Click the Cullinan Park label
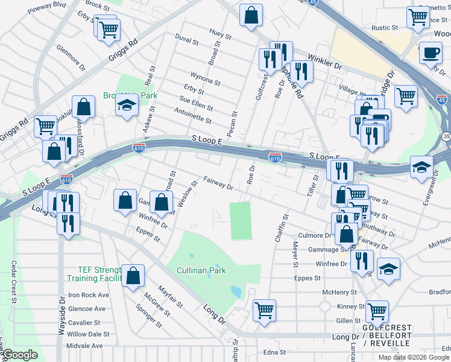[x=201, y=271]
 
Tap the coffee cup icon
[x=430, y=52]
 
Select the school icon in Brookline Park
[x=127, y=107]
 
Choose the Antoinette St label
[x=192, y=115]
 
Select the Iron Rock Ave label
[x=88, y=295]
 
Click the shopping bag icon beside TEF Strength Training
[x=133, y=276]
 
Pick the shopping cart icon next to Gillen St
[x=377, y=312]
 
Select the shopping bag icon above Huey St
[x=250, y=15]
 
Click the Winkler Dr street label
[x=325, y=60]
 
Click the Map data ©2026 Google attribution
[x=414, y=357]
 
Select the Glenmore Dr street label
[x=71, y=59]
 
